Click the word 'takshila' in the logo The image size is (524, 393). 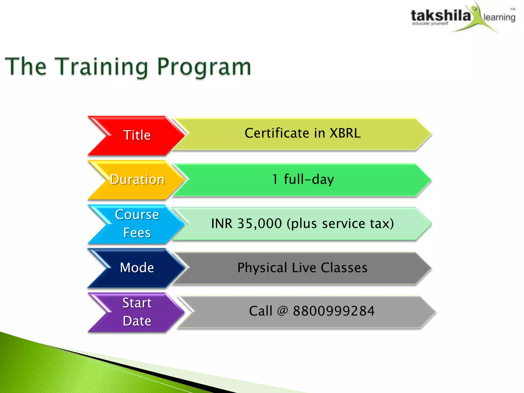[441, 16]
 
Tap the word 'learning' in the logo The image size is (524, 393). [499, 17]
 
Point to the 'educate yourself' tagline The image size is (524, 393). [430, 24]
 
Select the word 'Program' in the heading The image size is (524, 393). [204, 67]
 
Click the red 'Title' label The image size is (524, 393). [137, 135]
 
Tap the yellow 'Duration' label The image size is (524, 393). [137, 179]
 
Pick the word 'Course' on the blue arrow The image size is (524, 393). [137, 214]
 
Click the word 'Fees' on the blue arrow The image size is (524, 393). [137, 233]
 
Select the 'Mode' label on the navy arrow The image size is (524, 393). [137, 268]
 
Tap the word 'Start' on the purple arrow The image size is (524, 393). [137, 303]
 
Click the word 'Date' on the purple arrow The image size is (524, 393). [137, 321]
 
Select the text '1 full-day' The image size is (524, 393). [303, 179]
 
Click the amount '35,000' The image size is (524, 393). [259, 223]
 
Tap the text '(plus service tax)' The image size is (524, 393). [340, 223]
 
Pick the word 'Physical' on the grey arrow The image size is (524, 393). [262, 268]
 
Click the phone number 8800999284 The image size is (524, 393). [334, 311]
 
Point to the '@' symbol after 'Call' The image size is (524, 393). [282, 311]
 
